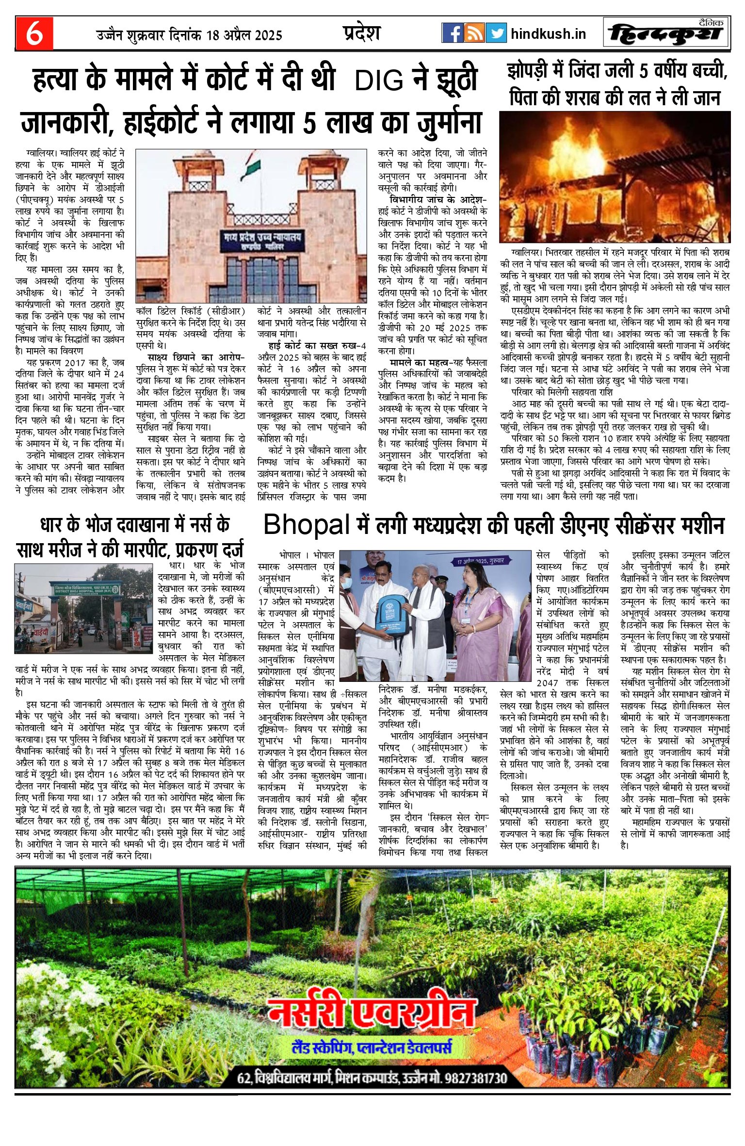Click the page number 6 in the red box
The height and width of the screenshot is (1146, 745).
tap(34, 33)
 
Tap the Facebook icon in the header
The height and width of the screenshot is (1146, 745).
tap(452, 33)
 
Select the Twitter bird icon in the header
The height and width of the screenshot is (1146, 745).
tap(496, 33)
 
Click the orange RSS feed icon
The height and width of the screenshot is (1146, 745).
tap(474, 33)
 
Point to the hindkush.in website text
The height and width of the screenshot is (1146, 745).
tap(548, 34)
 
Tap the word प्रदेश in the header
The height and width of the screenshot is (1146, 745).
tap(361, 32)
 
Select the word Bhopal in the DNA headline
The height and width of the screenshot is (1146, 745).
tap(307, 525)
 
